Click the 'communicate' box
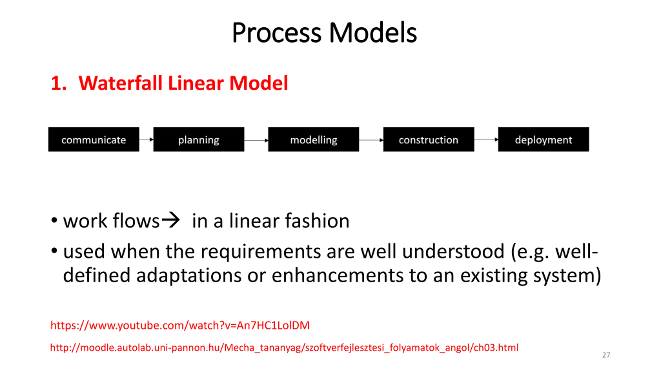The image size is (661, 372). click(x=93, y=139)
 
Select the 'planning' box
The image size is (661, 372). click(x=199, y=139)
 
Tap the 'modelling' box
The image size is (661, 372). click(x=313, y=139)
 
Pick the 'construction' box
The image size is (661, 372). click(x=429, y=139)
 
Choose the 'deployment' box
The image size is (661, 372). click(x=544, y=139)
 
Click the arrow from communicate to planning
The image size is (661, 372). click(x=146, y=139)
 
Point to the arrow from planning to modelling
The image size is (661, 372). click(x=256, y=140)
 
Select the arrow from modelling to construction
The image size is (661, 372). click(x=371, y=140)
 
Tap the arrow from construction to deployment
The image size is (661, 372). click(x=486, y=139)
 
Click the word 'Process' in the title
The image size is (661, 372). click(x=276, y=33)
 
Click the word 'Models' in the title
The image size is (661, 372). click(x=373, y=33)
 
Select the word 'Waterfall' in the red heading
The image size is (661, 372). click(x=120, y=83)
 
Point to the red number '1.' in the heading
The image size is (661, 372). click(x=59, y=83)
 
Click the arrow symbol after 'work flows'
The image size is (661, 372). click(x=171, y=220)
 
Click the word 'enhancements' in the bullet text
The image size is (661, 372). click(x=337, y=276)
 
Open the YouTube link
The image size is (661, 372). click(x=180, y=325)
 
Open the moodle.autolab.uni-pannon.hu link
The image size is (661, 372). click(x=284, y=348)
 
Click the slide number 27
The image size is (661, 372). click(x=606, y=355)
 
